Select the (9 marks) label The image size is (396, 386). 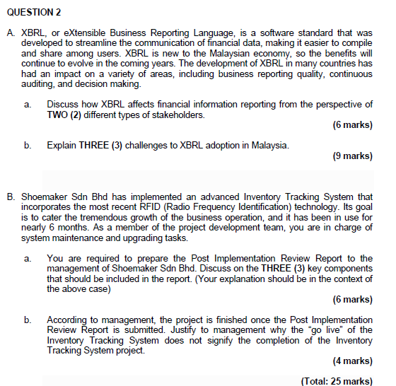click(351, 156)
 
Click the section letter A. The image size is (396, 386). click(11, 33)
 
